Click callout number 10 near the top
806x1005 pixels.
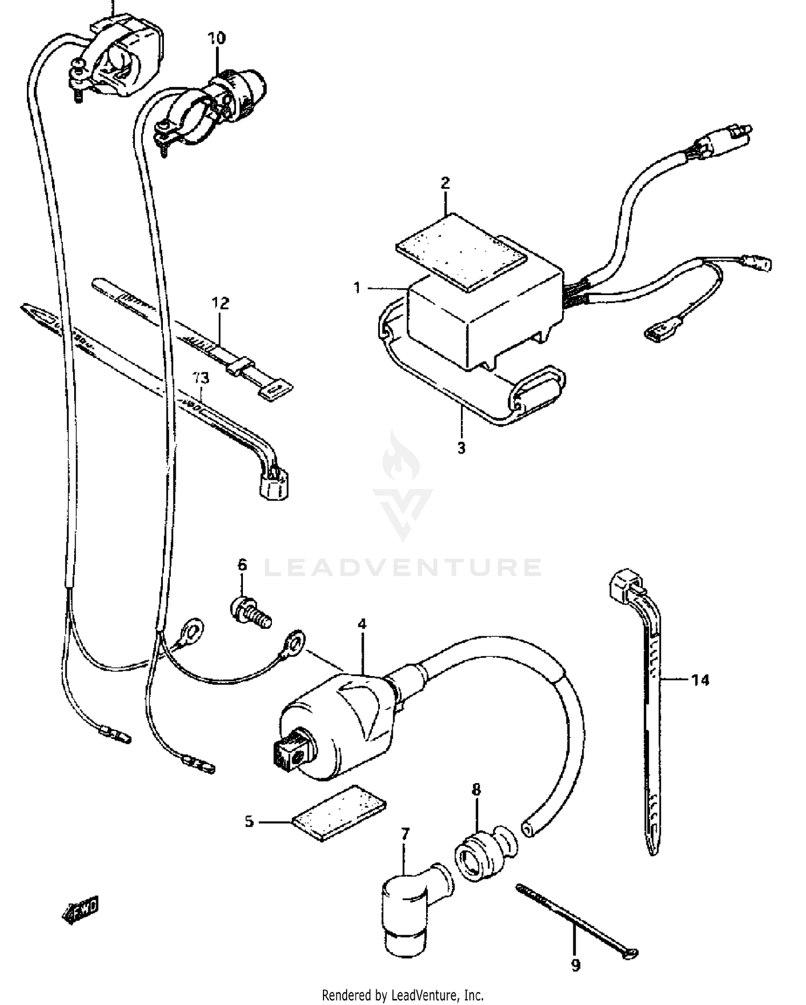pos(217,38)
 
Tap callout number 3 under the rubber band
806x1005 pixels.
pos(461,447)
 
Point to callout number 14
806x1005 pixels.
pos(700,680)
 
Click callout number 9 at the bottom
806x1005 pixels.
pos(575,966)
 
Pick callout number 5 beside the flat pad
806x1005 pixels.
pos(249,822)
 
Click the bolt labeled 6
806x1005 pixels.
pos(250,612)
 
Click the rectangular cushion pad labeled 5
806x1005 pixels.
pos(339,813)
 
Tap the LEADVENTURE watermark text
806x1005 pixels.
pos(403,567)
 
